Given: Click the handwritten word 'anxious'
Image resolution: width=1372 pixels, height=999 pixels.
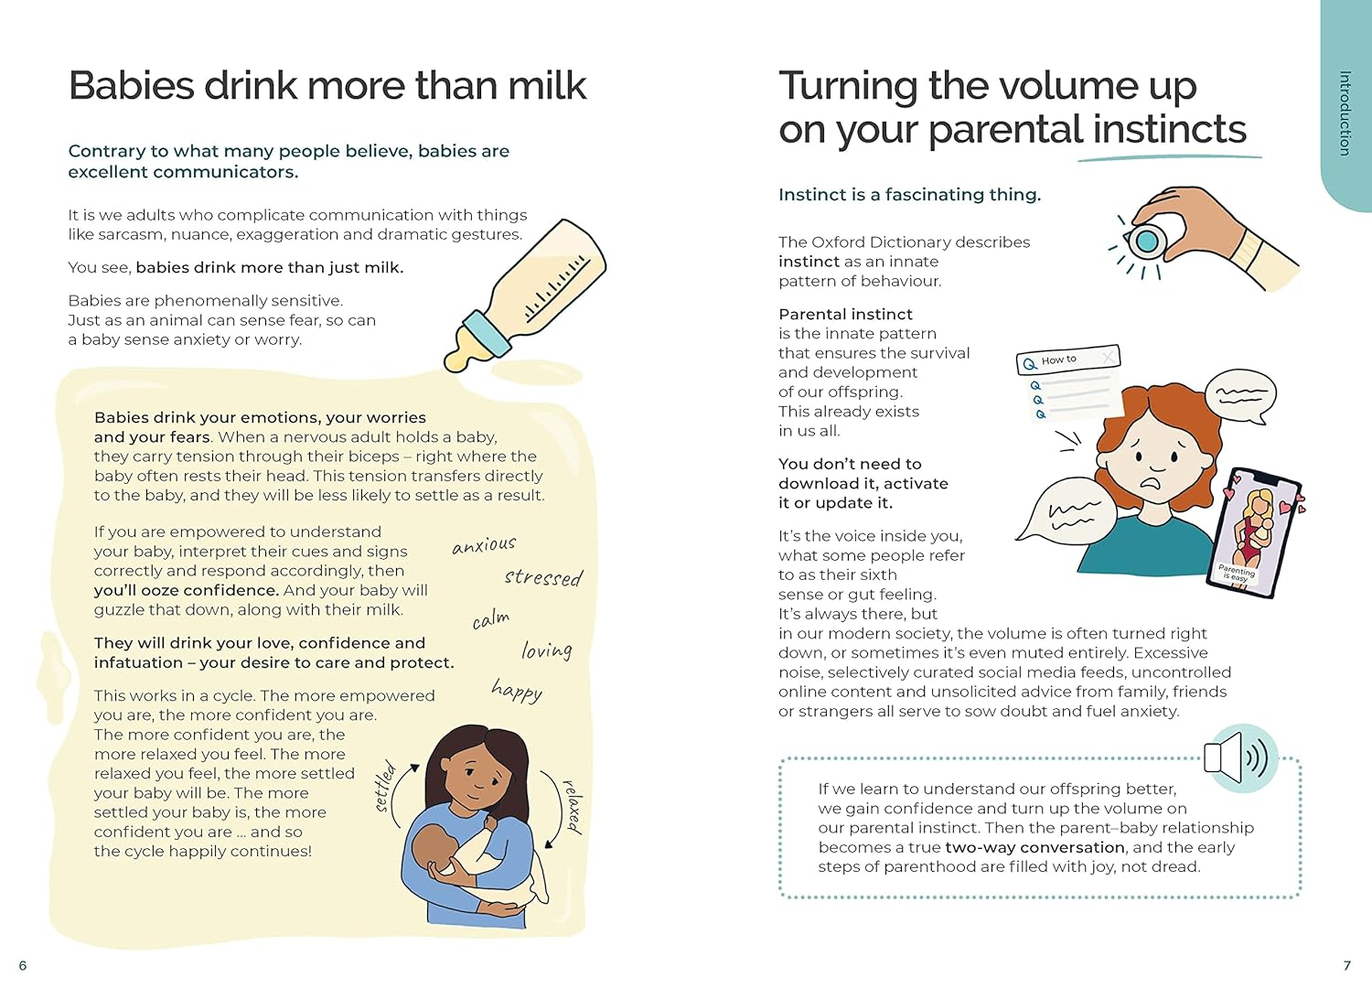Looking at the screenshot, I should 484,545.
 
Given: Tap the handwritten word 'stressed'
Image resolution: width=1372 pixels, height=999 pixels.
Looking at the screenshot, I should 543,577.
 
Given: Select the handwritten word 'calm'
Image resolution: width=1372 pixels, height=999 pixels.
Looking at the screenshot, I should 491,619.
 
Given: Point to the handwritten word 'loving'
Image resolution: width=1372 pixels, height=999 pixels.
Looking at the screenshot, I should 546,650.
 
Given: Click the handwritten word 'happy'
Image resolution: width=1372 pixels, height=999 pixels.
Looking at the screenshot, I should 517,691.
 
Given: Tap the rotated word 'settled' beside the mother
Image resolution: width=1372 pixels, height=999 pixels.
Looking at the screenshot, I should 384,786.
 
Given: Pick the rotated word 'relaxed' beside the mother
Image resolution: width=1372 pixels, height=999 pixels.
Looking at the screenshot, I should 573,806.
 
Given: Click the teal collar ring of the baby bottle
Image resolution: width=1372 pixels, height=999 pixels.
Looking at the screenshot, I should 487,334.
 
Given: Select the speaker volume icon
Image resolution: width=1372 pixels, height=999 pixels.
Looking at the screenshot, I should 1240,758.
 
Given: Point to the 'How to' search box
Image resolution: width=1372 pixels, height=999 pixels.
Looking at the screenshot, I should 1068,360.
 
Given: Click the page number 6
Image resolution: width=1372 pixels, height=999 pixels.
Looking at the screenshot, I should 23,965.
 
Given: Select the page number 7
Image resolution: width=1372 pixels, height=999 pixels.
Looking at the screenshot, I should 1346,965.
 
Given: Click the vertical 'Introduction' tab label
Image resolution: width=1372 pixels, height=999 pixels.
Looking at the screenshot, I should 1345,113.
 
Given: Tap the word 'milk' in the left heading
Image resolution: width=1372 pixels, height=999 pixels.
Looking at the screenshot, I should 547,86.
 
